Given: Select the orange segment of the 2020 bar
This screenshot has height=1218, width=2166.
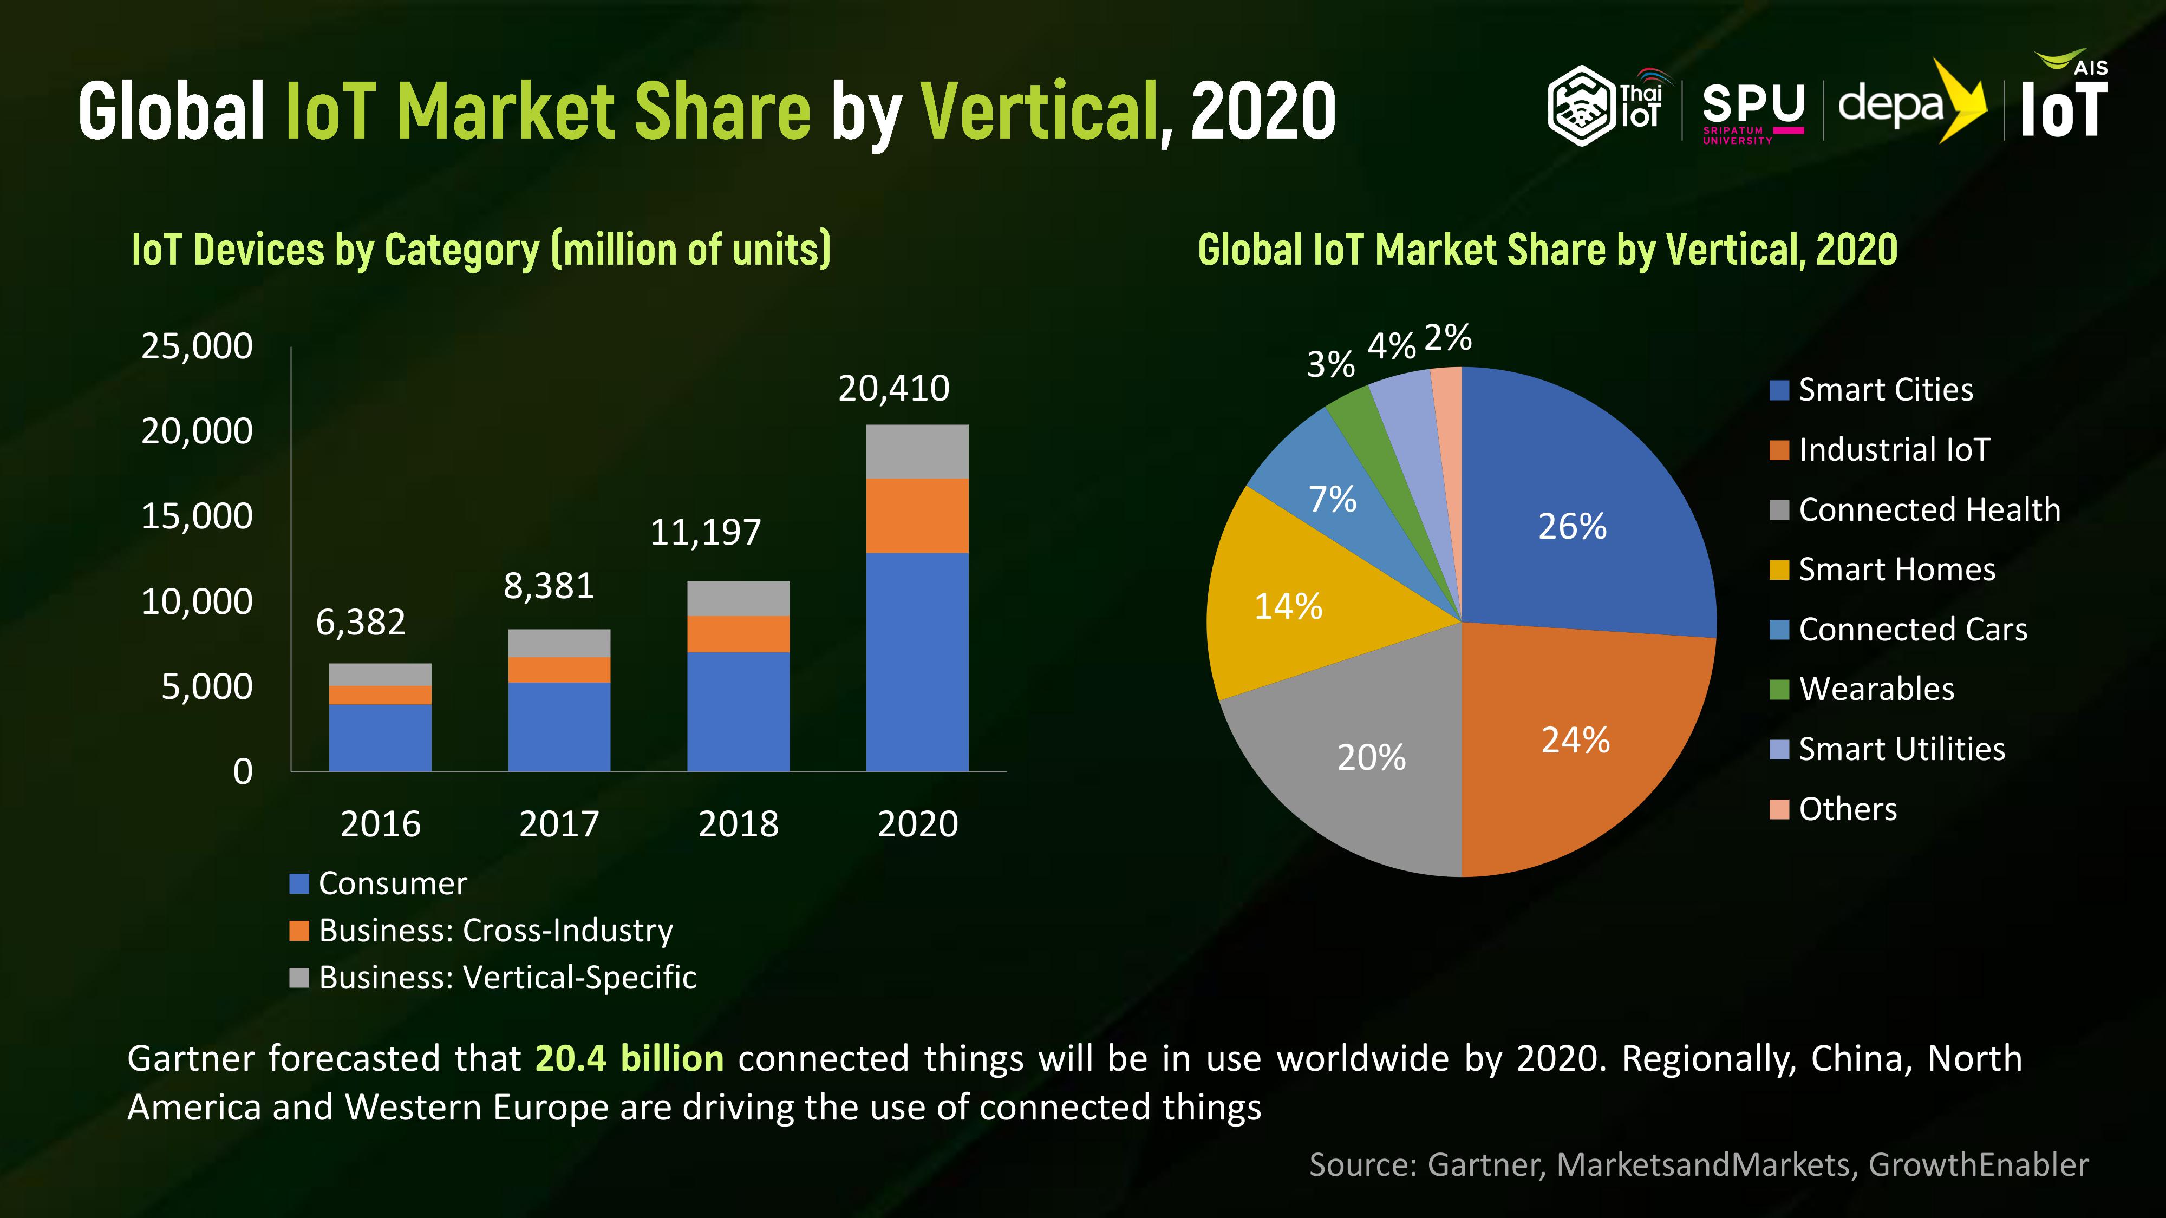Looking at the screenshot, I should coord(917,515).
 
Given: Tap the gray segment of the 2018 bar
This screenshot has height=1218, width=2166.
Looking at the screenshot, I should coord(738,599).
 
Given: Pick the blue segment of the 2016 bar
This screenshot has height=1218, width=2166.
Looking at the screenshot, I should coord(380,737).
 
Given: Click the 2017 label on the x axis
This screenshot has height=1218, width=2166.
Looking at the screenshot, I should coord(559,824).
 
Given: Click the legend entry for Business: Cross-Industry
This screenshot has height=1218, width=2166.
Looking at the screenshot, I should coord(482,931).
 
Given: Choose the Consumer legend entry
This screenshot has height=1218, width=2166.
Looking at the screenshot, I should coord(379,883).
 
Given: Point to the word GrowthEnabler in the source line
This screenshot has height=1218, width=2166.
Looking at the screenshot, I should coord(1978,1165).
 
